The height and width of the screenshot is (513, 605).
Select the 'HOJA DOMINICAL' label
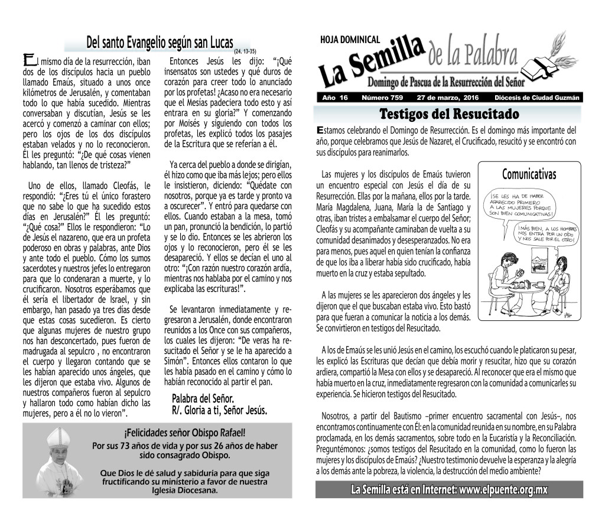pos(350,40)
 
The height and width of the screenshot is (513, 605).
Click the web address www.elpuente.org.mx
pos(503,490)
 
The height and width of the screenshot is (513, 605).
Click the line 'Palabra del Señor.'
pos(203,398)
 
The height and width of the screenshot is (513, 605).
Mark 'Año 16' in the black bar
pos(335,98)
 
